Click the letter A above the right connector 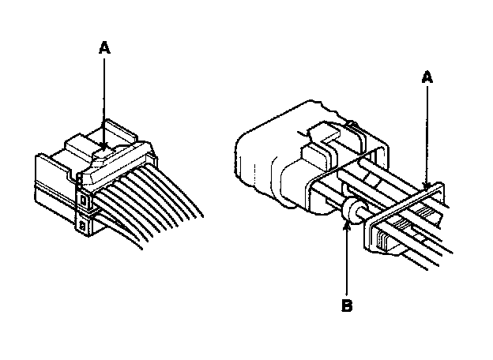click(x=427, y=77)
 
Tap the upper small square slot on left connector click(x=84, y=201)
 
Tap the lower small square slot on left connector click(x=84, y=227)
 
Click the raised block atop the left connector click(x=84, y=145)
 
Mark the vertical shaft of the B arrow click(x=346, y=261)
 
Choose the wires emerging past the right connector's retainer click(x=438, y=241)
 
